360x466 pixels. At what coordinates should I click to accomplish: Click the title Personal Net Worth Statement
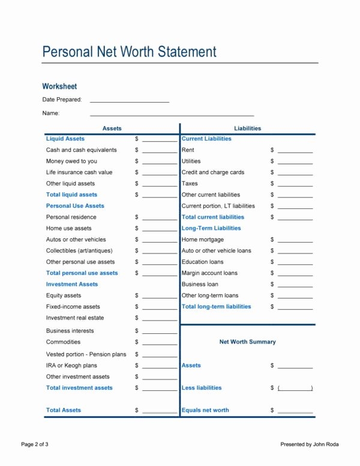pos(129,52)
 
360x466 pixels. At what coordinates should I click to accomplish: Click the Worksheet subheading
pos(59,86)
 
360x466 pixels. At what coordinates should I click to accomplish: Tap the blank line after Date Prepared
pos(129,101)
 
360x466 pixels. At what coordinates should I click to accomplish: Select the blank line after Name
pos(172,114)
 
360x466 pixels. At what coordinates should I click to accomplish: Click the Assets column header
pos(112,129)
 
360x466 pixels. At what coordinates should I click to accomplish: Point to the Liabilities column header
pos(247,129)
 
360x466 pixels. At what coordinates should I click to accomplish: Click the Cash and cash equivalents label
pos(82,150)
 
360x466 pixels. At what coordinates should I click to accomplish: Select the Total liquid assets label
pos(71,195)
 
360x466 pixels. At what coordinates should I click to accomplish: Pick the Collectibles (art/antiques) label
pos(79,250)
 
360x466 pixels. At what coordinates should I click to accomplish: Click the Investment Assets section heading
pos(72,284)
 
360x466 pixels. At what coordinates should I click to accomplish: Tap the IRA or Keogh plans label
pos(71,365)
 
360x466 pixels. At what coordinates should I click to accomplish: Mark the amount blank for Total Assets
pos(160,412)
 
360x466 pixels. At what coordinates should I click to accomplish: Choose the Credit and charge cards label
pos(213,172)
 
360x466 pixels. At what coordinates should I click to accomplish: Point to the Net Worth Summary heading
pos(247,342)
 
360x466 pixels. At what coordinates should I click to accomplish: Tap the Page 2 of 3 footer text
pos(35,444)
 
